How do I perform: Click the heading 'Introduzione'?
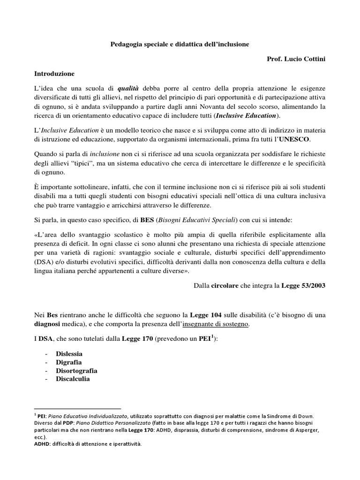(54, 74)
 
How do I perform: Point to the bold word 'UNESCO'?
(294, 140)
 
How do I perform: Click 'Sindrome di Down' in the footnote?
(295, 415)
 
